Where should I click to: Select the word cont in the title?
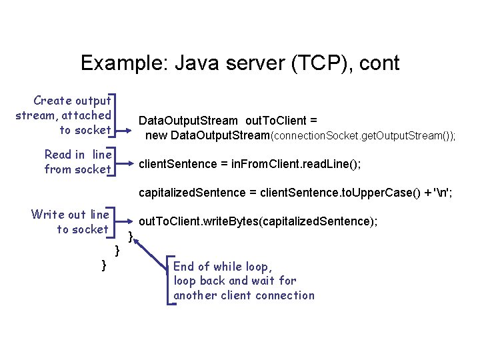(x=378, y=63)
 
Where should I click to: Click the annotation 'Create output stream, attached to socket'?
(x=64, y=115)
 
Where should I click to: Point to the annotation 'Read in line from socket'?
(x=77, y=162)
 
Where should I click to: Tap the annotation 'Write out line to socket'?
(x=70, y=222)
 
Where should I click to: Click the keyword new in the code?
(x=157, y=136)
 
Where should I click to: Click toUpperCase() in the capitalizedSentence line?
(x=379, y=193)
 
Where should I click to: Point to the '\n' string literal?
(x=439, y=193)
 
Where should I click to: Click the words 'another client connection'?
(x=243, y=295)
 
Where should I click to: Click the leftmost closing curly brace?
(x=103, y=266)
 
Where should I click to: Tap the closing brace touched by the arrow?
(x=131, y=235)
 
